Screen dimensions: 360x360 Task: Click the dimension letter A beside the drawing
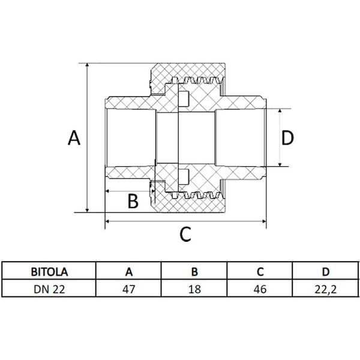click(x=73, y=138)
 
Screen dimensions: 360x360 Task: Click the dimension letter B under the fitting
click(x=133, y=201)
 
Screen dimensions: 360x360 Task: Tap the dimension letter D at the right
click(x=287, y=138)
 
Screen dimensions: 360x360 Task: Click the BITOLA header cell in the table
click(x=50, y=271)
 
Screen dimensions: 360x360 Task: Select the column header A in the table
click(x=129, y=271)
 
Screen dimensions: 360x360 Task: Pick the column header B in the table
click(x=194, y=271)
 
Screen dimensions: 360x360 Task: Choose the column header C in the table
click(x=259, y=271)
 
